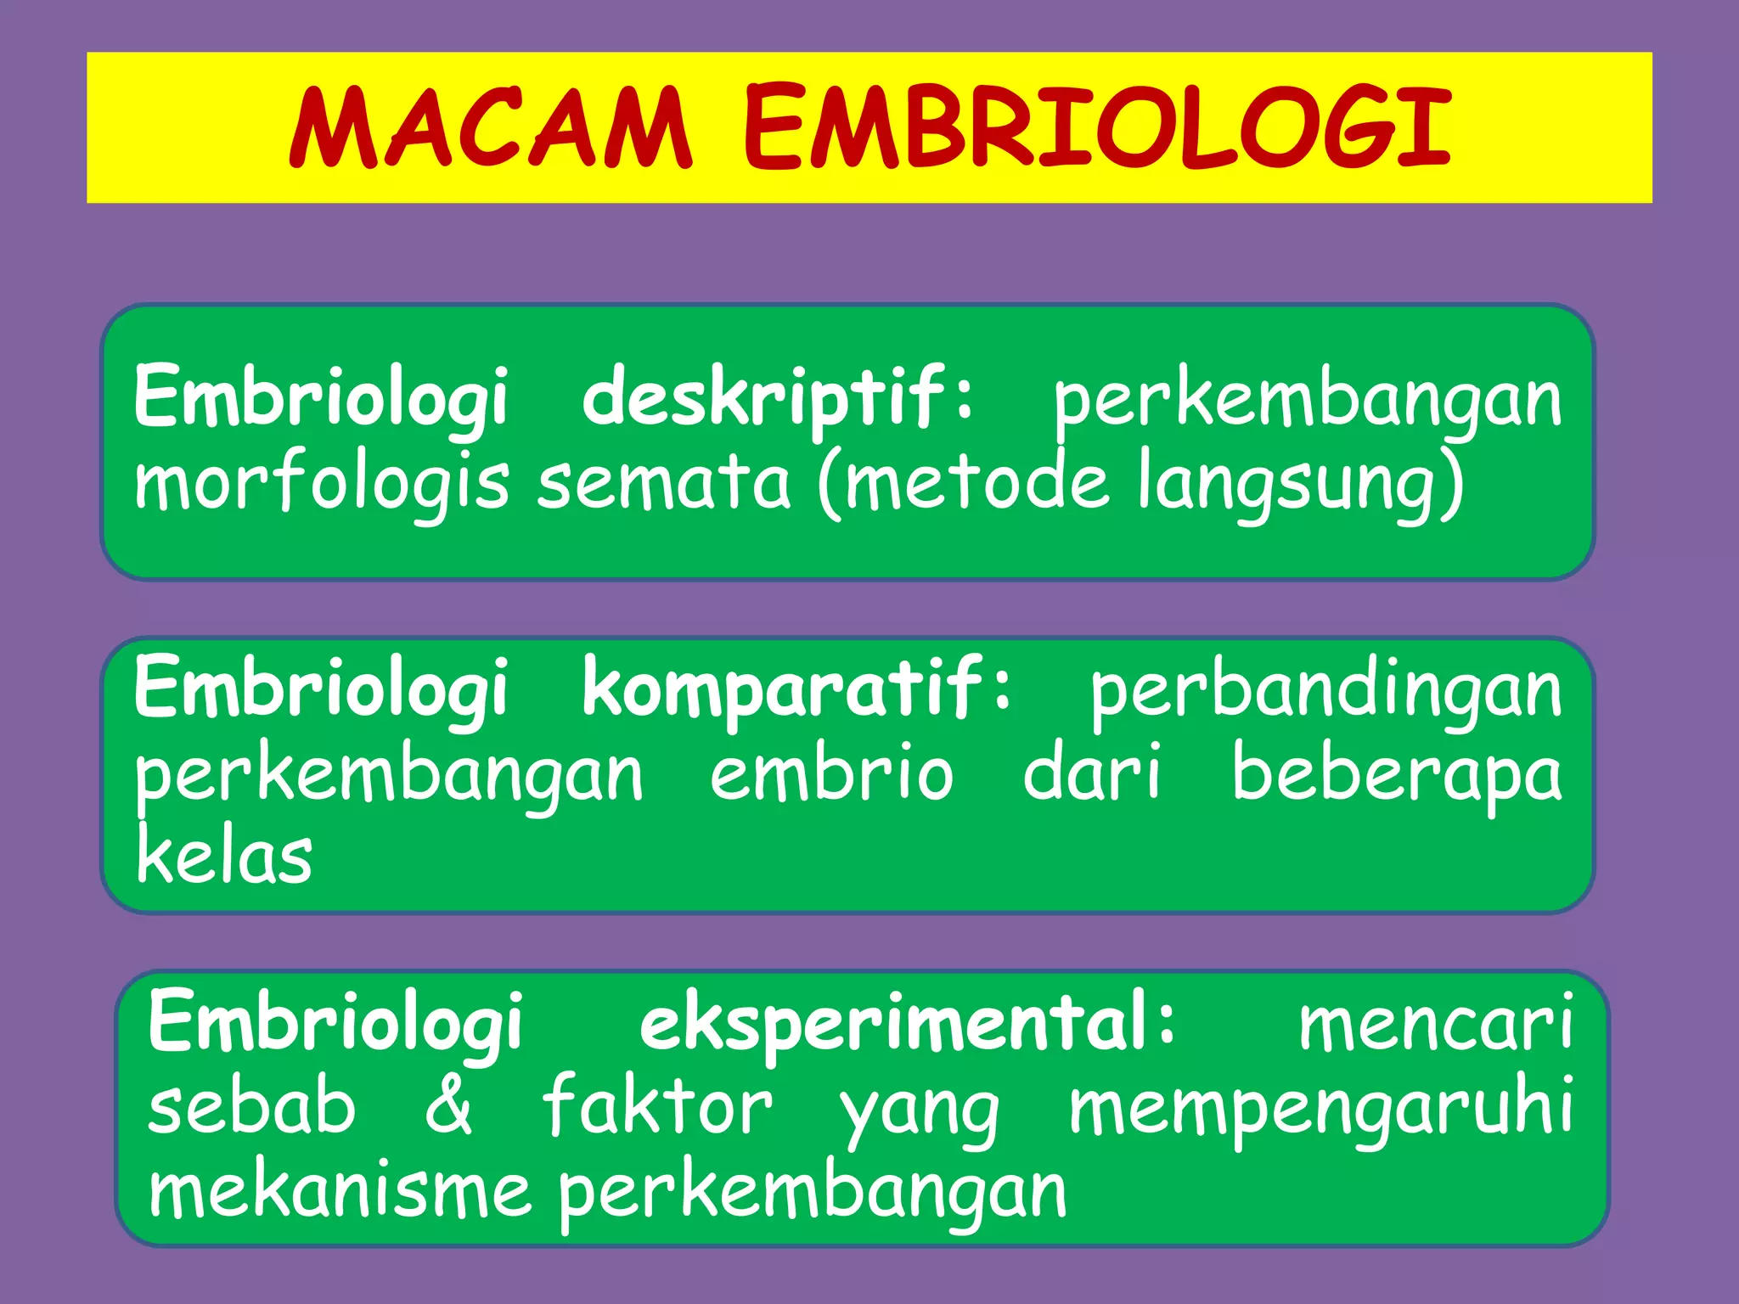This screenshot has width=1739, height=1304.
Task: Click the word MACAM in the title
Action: pos(491,128)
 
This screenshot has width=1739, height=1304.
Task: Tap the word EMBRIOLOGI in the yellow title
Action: pos(1097,128)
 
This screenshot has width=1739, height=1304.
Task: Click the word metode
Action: pos(976,482)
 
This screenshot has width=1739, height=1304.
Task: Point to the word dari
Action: pos(1092,773)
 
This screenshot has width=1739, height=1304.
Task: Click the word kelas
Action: pos(224,856)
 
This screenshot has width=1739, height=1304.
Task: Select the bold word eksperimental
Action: pos(907,1023)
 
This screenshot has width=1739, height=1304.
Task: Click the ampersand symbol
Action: pos(448,1105)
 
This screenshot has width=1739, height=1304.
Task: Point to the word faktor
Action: pos(657,1105)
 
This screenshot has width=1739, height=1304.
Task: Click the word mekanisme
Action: pos(340,1190)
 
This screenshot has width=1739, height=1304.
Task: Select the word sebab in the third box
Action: pos(251,1105)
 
